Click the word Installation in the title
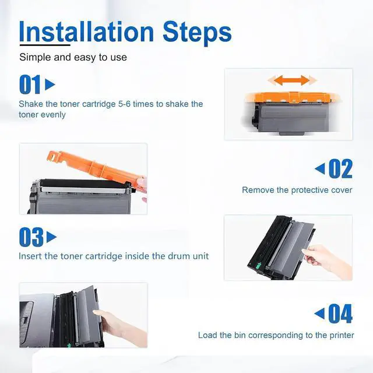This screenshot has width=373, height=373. (86, 31)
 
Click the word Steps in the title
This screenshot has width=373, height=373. (197, 33)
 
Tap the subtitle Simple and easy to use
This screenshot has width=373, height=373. (73, 57)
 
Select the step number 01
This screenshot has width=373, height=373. (30, 84)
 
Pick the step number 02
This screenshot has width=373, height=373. (340, 168)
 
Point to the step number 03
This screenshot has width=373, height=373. (31, 237)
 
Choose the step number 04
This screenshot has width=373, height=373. (340, 314)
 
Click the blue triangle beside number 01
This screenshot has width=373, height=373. (50, 84)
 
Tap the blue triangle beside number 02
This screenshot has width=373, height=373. (320, 168)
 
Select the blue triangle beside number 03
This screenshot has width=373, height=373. (51, 237)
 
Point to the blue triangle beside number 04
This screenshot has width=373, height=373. (319, 314)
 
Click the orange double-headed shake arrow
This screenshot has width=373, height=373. (292, 80)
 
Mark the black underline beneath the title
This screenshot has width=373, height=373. (45, 44)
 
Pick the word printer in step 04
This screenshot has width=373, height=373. (342, 336)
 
